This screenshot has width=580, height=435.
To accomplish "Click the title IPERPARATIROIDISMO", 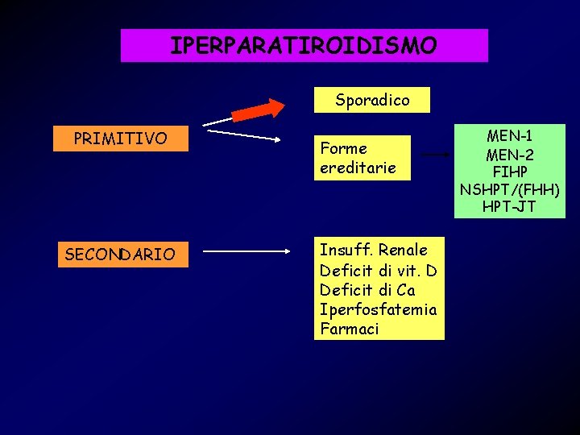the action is [x=304, y=45].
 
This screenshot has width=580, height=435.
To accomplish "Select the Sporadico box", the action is [x=372, y=100].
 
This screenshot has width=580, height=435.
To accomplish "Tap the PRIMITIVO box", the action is [x=120, y=139].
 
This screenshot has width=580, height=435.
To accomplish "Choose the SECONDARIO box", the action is [x=120, y=255].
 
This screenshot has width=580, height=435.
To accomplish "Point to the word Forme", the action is [x=343, y=148].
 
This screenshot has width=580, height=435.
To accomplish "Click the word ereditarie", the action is [x=358, y=168].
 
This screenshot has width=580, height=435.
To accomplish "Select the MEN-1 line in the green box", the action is [x=509, y=135].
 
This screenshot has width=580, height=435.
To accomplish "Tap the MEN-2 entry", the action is [x=509, y=153].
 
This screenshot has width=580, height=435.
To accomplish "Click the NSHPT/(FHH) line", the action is [x=509, y=189].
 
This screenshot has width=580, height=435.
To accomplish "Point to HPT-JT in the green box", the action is [x=509, y=207].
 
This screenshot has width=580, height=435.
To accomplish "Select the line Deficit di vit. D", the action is [x=378, y=269].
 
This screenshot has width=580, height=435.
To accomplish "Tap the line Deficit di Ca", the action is [x=367, y=289].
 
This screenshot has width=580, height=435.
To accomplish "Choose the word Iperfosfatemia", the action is [x=378, y=309].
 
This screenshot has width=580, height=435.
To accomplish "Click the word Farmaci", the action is [x=349, y=329].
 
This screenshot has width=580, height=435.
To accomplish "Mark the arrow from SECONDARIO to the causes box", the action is [x=246, y=251].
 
